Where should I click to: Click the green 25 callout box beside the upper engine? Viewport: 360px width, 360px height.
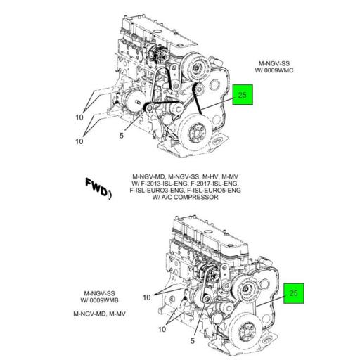(x=243, y=94)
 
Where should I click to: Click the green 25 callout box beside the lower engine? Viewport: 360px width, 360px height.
(x=294, y=293)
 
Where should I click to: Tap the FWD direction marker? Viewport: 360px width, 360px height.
(x=98, y=188)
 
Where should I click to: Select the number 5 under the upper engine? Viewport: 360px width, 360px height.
(x=122, y=136)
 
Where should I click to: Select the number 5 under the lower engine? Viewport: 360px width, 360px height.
(x=193, y=341)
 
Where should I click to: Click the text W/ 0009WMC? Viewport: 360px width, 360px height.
(x=274, y=70)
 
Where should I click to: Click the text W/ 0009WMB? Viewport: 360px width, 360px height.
(x=99, y=300)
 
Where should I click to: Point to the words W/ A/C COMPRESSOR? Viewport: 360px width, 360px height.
(x=186, y=197)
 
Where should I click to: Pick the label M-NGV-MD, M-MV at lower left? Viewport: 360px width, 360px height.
(x=99, y=314)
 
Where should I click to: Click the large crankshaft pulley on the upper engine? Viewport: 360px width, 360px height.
(x=196, y=134)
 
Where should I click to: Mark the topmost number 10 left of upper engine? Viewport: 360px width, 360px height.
(x=79, y=117)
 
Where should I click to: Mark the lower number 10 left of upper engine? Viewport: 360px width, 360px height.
(x=79, y=141)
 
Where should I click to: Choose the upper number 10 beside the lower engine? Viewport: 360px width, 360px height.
(x=147, y=297)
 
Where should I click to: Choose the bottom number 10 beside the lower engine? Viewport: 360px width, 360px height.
(x=162, y=329)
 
